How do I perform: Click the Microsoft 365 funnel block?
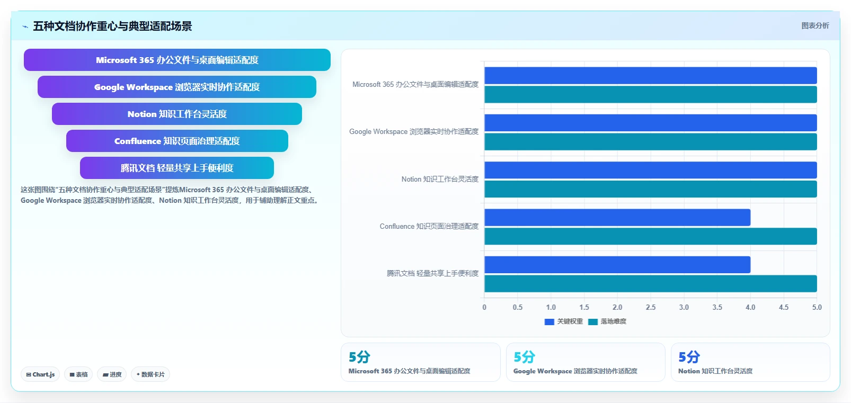[177, 60]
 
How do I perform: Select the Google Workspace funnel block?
[177, 87]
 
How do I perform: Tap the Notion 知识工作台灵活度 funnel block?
[177, 113]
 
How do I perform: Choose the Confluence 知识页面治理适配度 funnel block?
[177, 141]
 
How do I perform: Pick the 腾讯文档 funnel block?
[177, 168]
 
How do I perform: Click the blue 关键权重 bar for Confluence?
[617, 217]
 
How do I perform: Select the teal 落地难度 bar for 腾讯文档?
[650, 284]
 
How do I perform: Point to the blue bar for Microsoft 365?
[650, 75]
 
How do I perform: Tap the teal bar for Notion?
[650, 189]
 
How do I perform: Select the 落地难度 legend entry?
[607, 321]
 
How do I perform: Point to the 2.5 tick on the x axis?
[651, 307]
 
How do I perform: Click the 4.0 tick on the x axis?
[750, 307]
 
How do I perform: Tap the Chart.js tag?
[40, 374]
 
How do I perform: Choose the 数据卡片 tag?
[150, 374]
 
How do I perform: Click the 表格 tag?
[78, 374]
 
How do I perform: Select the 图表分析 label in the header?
[815, 25]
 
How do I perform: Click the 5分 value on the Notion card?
[689, 357]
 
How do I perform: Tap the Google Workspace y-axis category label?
[414, 131]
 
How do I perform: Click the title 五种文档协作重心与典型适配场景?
[112, 26]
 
